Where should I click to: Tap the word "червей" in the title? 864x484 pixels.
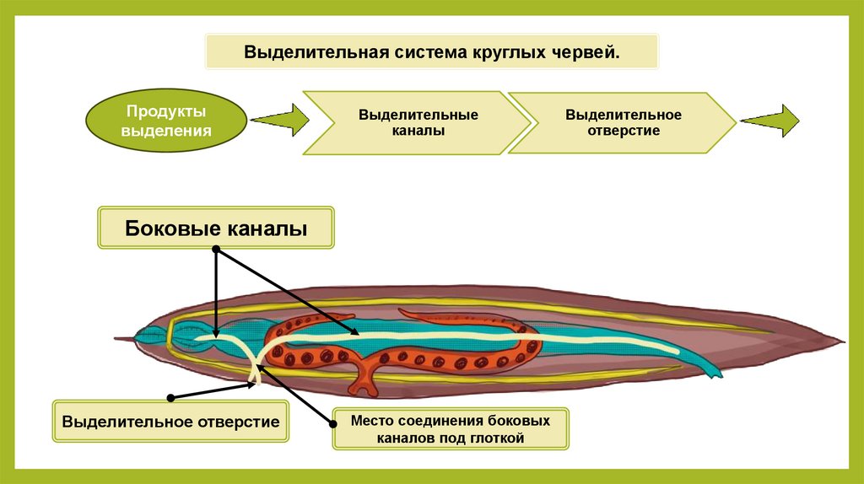pos(588,52)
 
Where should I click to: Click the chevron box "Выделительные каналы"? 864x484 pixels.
pos(418,122)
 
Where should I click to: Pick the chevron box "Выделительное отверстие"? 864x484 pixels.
pos(624,122)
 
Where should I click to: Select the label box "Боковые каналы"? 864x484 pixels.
pos(216,229)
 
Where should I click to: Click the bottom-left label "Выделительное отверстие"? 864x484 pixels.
pos(171,420)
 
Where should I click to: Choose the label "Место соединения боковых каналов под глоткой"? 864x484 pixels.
pos(451,428)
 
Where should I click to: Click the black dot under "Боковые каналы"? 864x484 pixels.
pos(216,250)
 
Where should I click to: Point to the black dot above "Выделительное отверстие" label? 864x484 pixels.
pos(171,395)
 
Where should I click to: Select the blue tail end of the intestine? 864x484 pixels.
pos(713,369)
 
